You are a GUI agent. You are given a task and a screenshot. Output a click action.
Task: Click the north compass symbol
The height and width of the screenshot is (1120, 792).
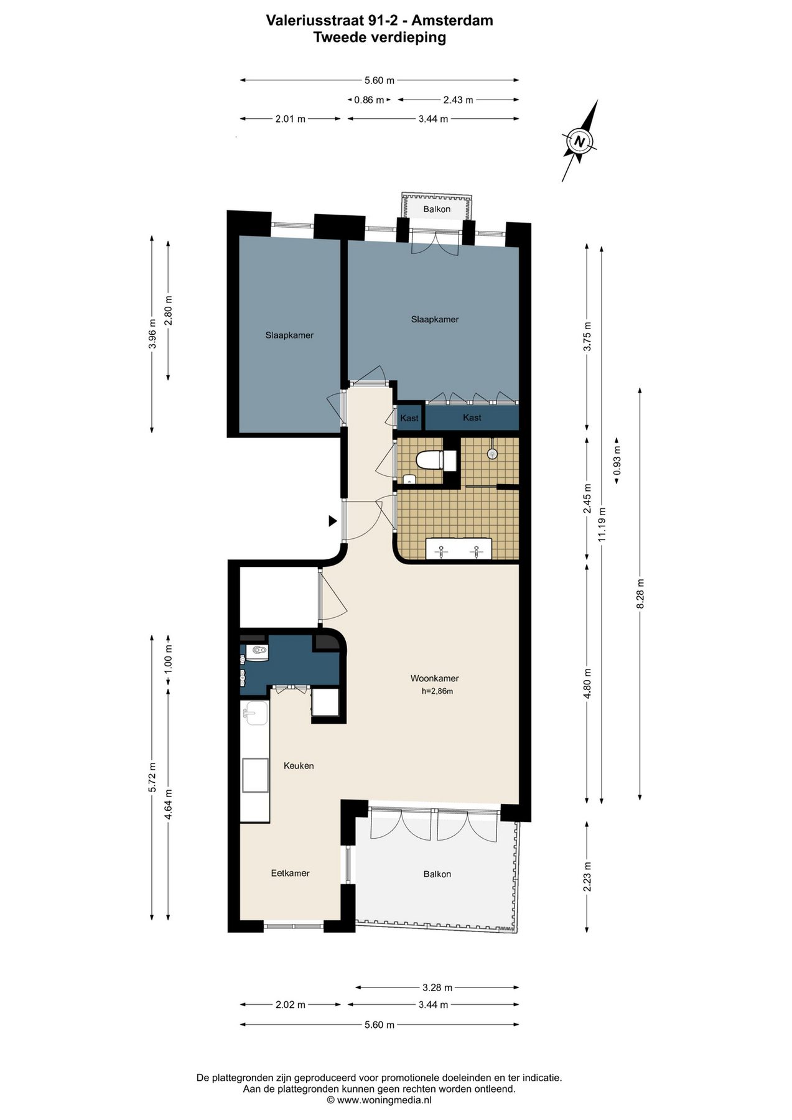[580, 141]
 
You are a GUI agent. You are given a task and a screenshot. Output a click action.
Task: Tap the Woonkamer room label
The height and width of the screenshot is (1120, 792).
[434, 678]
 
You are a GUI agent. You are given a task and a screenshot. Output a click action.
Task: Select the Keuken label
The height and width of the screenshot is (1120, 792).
[299, 765]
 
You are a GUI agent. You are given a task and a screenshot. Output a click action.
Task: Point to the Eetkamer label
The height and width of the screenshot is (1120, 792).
[290, 873]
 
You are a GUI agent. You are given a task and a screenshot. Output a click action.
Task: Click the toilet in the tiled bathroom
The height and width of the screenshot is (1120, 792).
[436, 460]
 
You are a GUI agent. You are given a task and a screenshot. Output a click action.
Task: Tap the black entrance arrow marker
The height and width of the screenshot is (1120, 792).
[333, 521]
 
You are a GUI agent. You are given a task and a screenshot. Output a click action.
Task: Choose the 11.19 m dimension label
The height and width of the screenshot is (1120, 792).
[602, 525]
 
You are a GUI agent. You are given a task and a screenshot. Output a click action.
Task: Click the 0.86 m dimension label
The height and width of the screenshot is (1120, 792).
[369, 100]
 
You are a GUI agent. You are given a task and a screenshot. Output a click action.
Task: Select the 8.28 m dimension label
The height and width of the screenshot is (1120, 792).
[640, 595]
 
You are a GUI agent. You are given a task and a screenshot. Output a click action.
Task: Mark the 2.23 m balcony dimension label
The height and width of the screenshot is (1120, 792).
[587, 876]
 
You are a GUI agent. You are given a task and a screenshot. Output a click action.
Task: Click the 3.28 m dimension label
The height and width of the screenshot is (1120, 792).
[437, 987]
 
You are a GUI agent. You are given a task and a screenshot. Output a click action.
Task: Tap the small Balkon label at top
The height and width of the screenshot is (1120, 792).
[437, 209]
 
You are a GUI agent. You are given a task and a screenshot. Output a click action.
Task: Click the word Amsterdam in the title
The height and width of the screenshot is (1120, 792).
[456, 21]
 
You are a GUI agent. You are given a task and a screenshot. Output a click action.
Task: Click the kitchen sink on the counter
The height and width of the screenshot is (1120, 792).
[255, 713]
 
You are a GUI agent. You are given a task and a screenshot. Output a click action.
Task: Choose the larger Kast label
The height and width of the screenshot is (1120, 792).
[472, 418]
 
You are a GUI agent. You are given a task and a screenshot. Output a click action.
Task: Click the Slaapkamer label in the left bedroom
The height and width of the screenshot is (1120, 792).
[289, 335]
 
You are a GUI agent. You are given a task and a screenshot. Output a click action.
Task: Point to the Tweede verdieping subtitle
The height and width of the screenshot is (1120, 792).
[380, 37]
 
